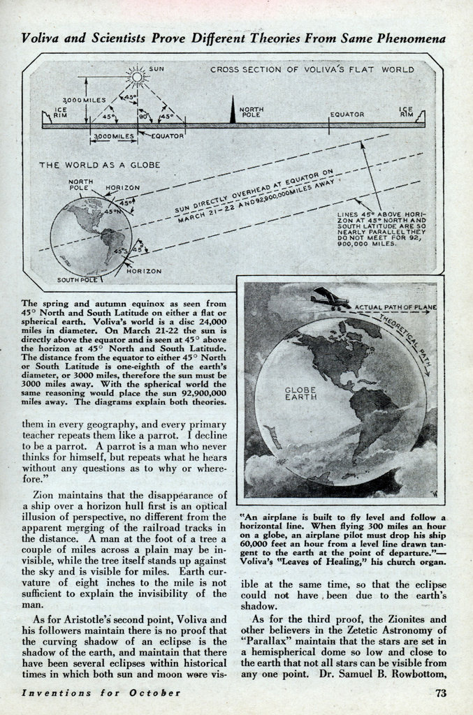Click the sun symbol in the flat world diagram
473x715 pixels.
click(x=137, y=76)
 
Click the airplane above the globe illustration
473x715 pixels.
click(x=331, y=299)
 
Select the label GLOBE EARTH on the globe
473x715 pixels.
click(x=301, y=392)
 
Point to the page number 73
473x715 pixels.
click(x=440, y=693)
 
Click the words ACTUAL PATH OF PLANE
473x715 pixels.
click(x=395, y=307)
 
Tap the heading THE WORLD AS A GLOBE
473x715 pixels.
click(x=99, y=165)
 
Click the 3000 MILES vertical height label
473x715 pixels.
click(x=83, y=101)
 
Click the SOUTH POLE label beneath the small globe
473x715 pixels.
click(x=76, y=279)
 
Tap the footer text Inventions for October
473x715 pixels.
click(x=101, y=693)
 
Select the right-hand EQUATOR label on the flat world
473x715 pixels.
click(x=347, y=114)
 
